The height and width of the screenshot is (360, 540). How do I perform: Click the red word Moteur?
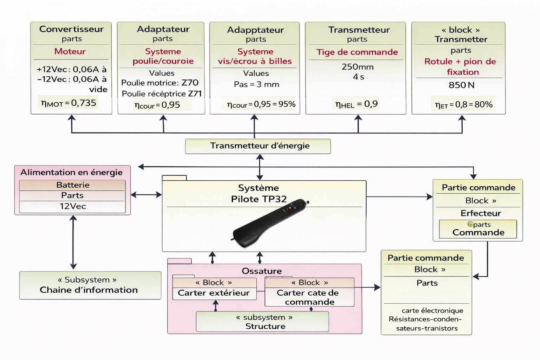coord(70,51)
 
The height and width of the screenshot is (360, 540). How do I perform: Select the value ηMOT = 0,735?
coord(69,103)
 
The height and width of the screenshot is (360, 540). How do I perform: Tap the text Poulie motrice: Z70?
coord(160,83)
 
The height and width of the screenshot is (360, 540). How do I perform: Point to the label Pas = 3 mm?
coord(256,84)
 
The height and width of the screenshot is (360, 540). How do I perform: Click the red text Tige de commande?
coord(357,52)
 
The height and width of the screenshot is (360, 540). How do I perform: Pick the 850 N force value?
coord(461,85)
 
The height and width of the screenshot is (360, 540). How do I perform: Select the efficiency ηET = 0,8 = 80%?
coord(463,104)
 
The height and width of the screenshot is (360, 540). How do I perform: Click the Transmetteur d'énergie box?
coord(258,146)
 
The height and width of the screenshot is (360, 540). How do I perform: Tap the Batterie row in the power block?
coord(72,185)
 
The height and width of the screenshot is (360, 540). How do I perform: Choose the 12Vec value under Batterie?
coord(72,206)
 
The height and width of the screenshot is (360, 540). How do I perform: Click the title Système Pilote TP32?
coord(258,193)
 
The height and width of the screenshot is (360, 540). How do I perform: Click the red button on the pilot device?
coord(290,207)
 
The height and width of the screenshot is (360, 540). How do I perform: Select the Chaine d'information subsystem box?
coord(90,285)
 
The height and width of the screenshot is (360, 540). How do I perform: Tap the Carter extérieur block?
coord(214,293)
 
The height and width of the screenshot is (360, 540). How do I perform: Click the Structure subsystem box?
coord(262,322)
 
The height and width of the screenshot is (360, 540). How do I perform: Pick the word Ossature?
coord(262,271)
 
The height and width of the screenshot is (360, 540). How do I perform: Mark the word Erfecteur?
coord(481,213)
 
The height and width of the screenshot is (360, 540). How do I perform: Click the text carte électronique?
coord(432,311)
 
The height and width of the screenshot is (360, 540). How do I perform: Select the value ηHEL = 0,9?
coord(356,104)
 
